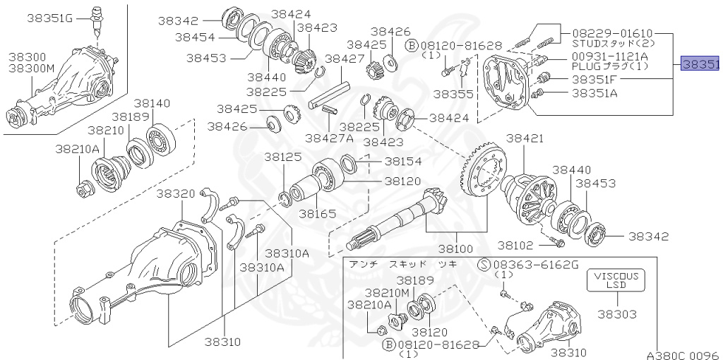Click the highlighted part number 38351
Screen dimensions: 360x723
coord(700,64)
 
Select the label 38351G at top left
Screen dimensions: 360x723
coord(50,17)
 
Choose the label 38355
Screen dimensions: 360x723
coord(453,92)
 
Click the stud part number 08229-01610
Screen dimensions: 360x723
coord(612,32)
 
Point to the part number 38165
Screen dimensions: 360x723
coord(317,212)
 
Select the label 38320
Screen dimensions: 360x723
coord(176,193)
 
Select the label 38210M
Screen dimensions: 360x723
coord(387,292)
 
